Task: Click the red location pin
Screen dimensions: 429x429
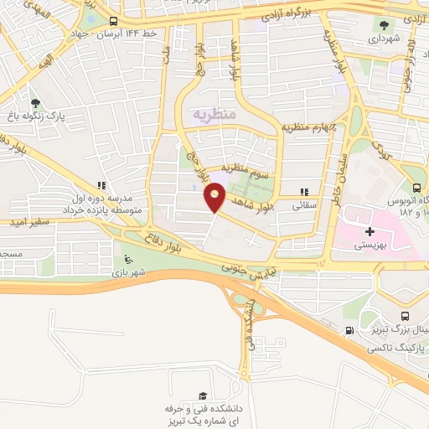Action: point(215,198)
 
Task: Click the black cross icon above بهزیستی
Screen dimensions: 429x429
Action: point(370,230)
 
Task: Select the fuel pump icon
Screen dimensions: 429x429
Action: point(349,330)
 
